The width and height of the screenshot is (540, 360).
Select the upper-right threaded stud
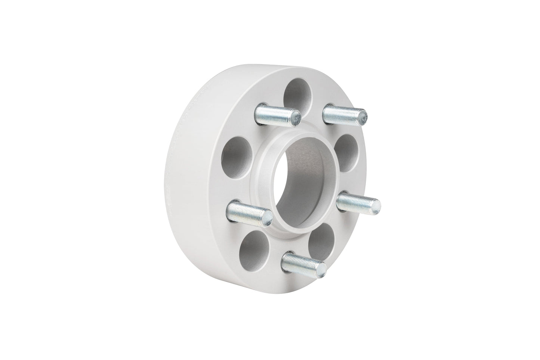[x=343, y=114]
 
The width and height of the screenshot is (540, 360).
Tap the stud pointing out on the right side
[x=357, y=203]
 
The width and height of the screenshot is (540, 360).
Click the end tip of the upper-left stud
[x=296, y=118]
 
